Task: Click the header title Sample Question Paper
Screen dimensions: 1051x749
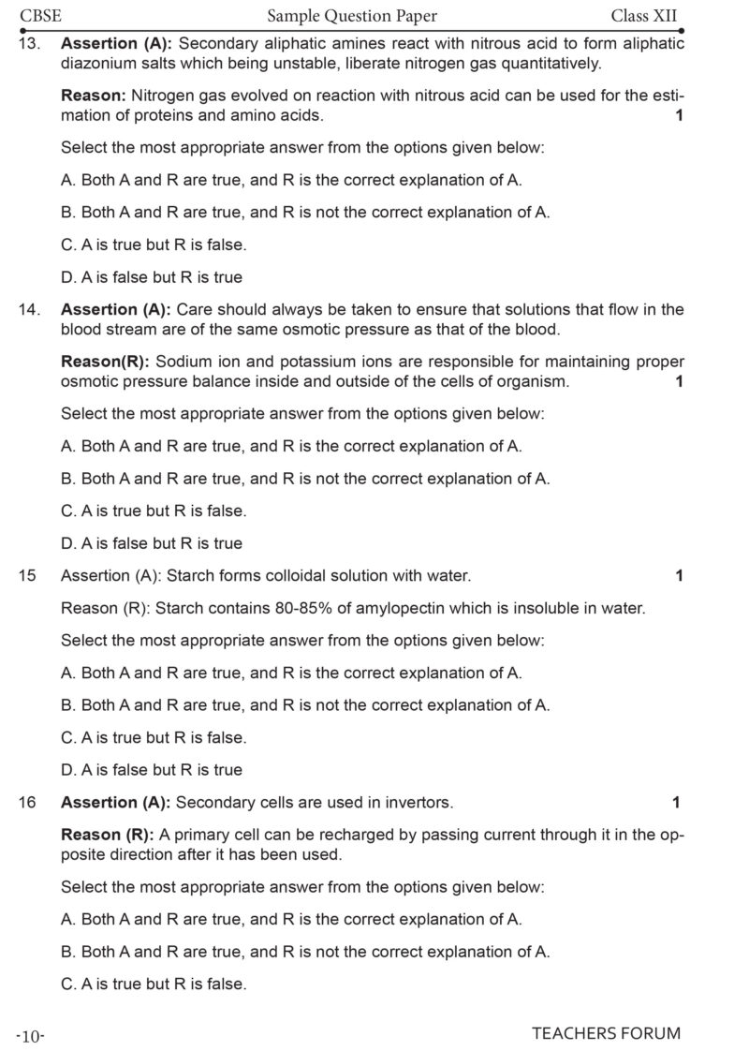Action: pyautogui.click(x=352, y=15)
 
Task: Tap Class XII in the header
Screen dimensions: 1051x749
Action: pyautogui.click(x=643, y=15)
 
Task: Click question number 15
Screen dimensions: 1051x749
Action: pyautogui.click(x=27, y=575)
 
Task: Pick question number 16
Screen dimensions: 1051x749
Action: pyautogui.click(x=27, y=802)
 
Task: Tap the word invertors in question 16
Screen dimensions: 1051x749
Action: pyautogui.click(x=421, y=802)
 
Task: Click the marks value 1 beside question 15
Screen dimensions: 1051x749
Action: pyautogui.click(x=679, y=575)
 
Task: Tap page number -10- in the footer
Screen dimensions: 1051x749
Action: pyautogui.click(x=30, y=1036)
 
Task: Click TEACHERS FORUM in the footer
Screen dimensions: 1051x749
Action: pyautogui.click(x=606, y=1033)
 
